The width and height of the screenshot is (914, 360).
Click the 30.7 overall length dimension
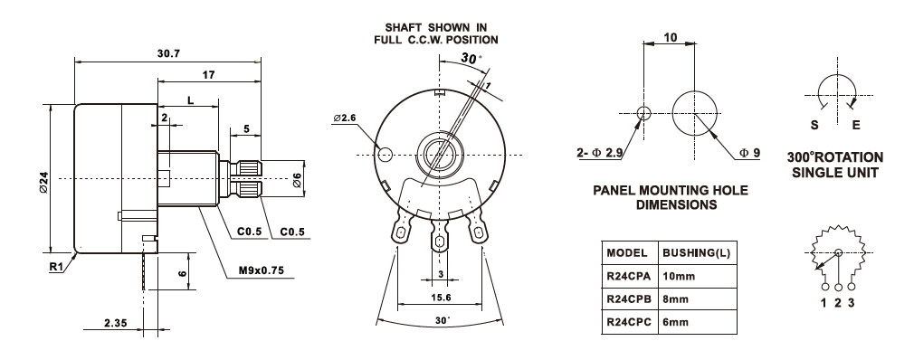pyautogui.click(x=168, y=53)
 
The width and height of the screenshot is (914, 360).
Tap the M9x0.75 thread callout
pyautogui.click(x=261, y=270)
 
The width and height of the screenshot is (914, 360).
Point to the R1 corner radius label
pyautogui.click(x=56, y=267)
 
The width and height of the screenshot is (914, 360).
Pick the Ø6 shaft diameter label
pyautogui.click(x=297, y=181)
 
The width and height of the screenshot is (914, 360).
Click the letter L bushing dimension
pyautogui.click(x=191, y=100)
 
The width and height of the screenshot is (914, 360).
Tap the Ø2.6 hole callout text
pyautogui.click(x=345, y=118)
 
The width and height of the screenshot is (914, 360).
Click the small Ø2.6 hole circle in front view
pyautogui.click(x=386, y=155)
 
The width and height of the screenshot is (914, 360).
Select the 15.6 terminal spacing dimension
pyautogui.click(x=440, y=298)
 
